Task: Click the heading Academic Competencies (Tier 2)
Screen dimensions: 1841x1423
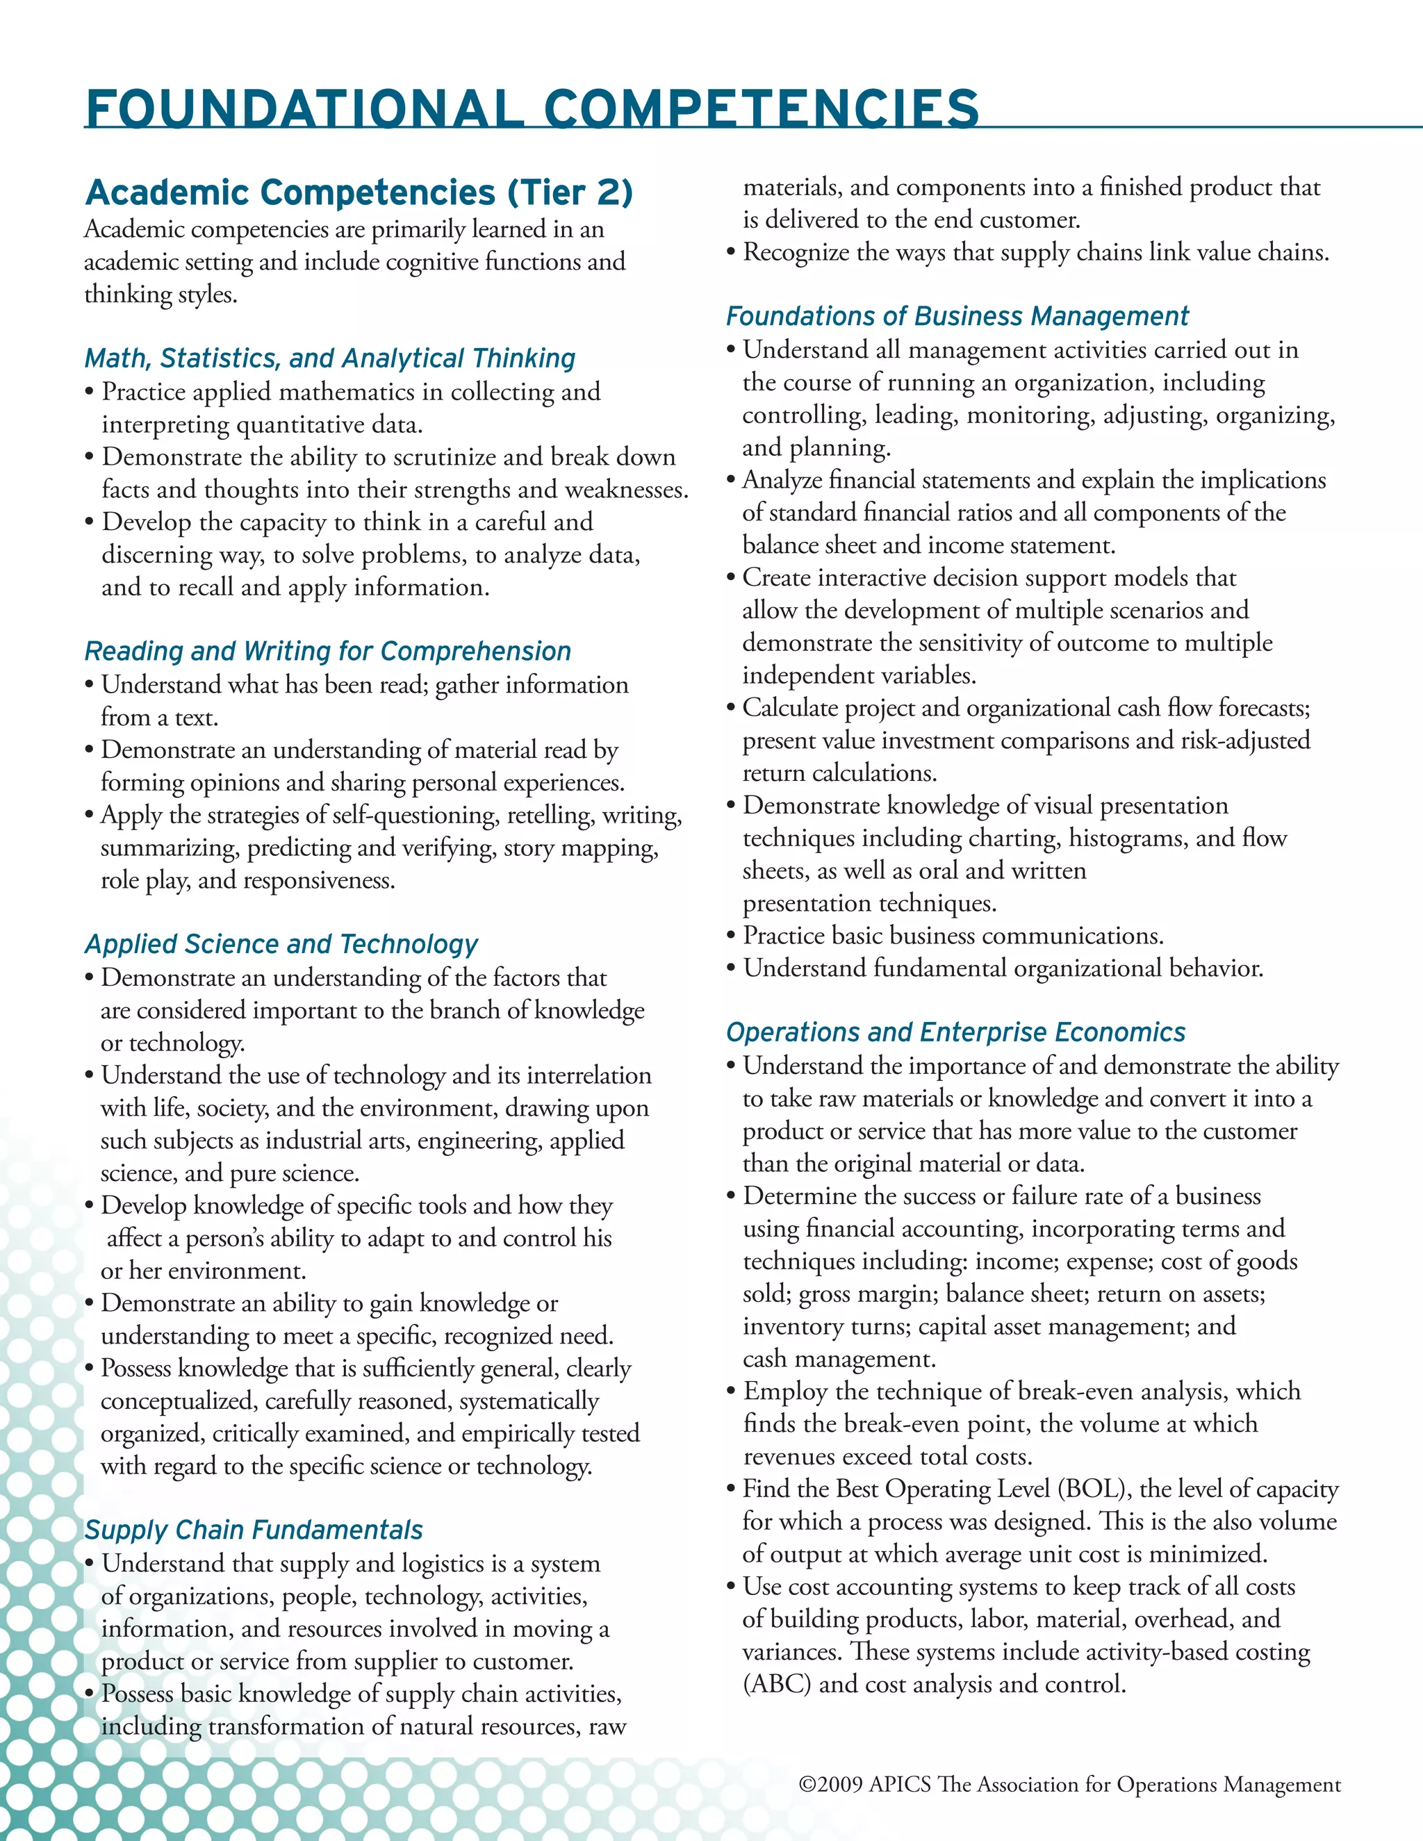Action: [359, 192]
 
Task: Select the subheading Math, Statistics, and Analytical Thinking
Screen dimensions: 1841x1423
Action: [329, 358]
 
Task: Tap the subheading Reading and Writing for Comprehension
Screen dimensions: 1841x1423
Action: [328, 651]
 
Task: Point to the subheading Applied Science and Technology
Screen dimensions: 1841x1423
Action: [281, 944]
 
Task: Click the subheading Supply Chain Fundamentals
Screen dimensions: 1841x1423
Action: [254, 1530]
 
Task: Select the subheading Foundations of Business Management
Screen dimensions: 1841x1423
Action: [957, 316]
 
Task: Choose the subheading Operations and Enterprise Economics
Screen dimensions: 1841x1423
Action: [955, 1032]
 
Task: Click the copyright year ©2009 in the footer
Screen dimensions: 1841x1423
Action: [830, 1785]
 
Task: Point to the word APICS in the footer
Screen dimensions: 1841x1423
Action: [900, 1785]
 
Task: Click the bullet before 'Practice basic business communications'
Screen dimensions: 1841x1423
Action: [731, 936]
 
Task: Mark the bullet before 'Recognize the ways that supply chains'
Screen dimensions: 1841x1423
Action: [731, 252]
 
